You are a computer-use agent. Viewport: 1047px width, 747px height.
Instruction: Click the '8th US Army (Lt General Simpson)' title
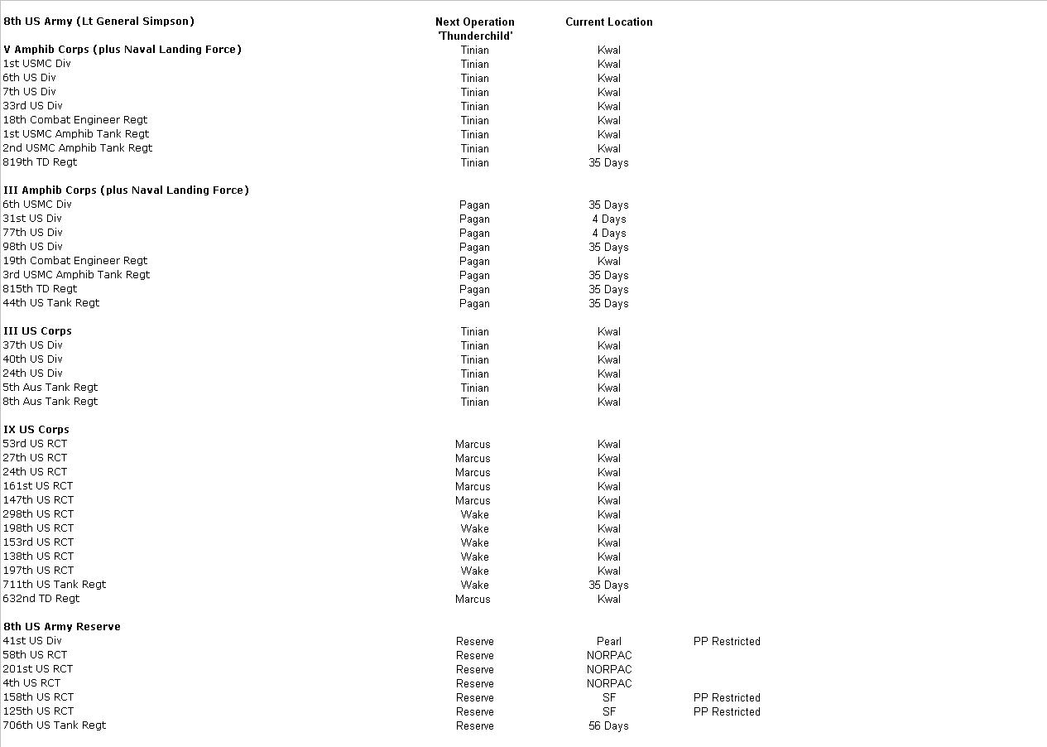pos(98,22)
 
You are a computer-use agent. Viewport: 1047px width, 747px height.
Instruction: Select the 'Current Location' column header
pos(608,22)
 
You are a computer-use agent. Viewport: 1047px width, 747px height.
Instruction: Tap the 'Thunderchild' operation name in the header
pos(474,36)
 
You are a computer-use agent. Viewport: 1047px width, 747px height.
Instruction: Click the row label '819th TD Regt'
pos(40,162)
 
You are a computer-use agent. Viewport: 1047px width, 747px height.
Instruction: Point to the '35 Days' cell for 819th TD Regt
pos(608,163)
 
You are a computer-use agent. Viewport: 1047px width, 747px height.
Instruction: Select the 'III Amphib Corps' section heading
pos(126,190)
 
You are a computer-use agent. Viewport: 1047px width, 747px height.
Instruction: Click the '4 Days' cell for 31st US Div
pos(608,219)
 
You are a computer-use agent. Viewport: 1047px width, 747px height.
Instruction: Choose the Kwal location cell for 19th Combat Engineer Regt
pos(608,262)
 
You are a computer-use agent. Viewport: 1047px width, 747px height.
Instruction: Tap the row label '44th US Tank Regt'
pos(50,303)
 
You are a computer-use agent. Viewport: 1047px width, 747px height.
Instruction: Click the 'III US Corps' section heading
pos(37,331)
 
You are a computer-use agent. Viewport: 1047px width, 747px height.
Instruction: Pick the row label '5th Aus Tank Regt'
pos(50,388)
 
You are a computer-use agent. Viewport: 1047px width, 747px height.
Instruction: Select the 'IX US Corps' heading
pos(36,430)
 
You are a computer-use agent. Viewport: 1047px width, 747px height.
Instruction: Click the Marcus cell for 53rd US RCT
pos(473,445)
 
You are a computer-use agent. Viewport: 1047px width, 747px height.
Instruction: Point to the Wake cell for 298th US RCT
pos(474,515)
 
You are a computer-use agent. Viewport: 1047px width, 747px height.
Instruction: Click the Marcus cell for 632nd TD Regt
pos(473,600)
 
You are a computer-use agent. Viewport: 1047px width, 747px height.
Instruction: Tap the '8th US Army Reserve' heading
pos(61,627)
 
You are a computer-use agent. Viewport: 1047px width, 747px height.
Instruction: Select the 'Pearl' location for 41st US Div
pos(608,642)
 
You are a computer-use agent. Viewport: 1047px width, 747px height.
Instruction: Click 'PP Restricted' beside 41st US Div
pos(727,642)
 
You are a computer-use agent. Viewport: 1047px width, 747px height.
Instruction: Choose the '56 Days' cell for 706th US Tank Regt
pos(608,726)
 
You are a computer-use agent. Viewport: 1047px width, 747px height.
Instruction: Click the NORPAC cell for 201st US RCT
pos(608,670)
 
